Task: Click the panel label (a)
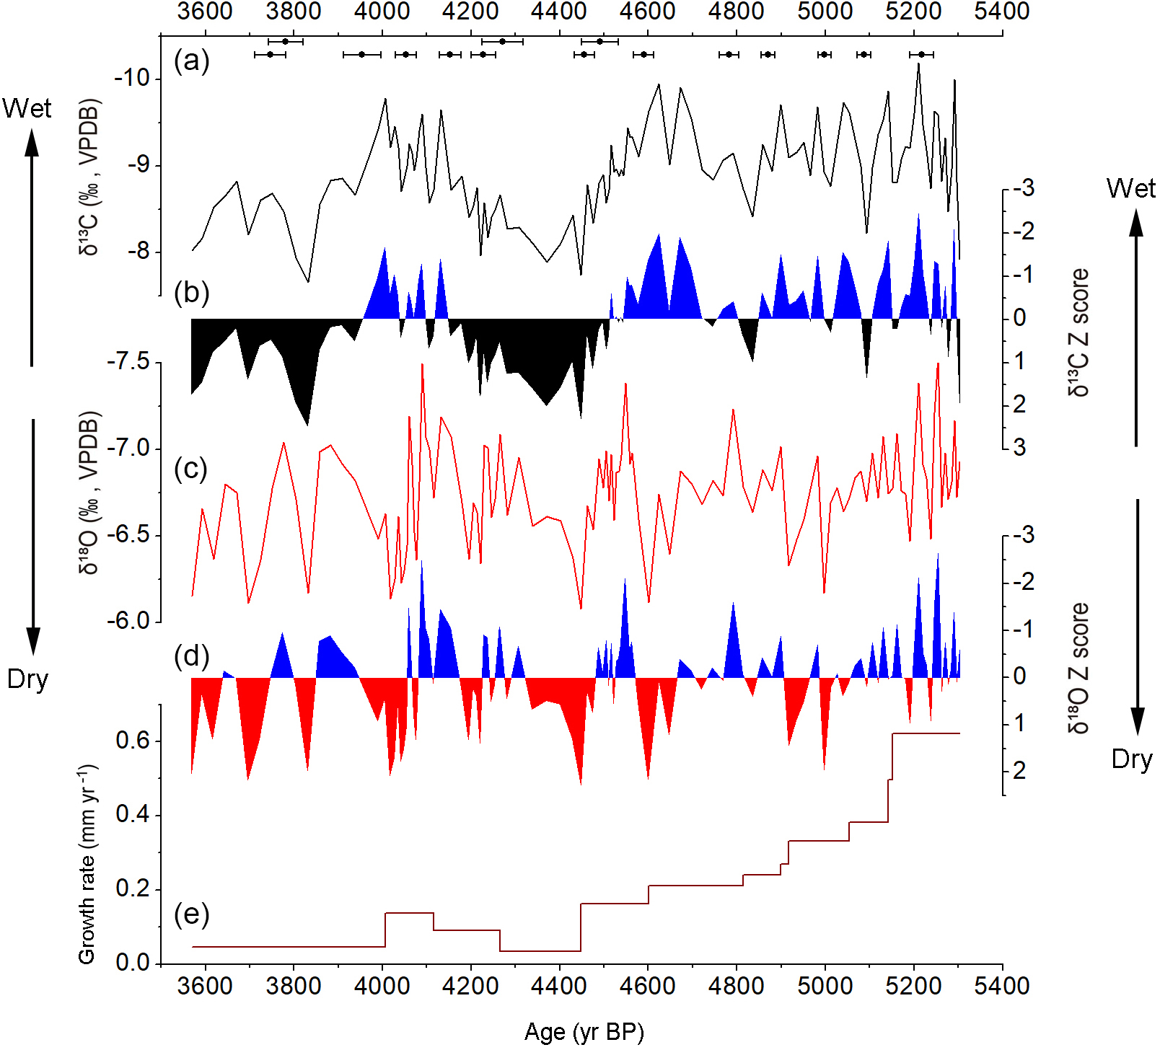tap(191, 61)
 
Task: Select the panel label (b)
tap(191, 293)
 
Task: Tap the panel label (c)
tap(191, 469)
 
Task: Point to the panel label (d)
tap(191, 656)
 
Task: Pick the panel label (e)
tap(191, 914)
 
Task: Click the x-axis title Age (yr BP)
tap(584, 1032)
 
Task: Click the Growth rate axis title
tap(87, 865)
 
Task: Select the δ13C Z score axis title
tap(1079, 332)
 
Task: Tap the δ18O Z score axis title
tap(1079, 668)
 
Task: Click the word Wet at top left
tap(27, 108)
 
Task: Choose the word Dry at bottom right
tap(1131, 759)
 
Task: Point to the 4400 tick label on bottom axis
tap(559, 986)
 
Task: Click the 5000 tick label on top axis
tap(825, 11)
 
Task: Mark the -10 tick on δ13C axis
tap(131, 78)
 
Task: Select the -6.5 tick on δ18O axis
tap(128, 535)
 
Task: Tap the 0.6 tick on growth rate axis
tap(133, 741)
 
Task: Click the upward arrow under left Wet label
tap(32, 245)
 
